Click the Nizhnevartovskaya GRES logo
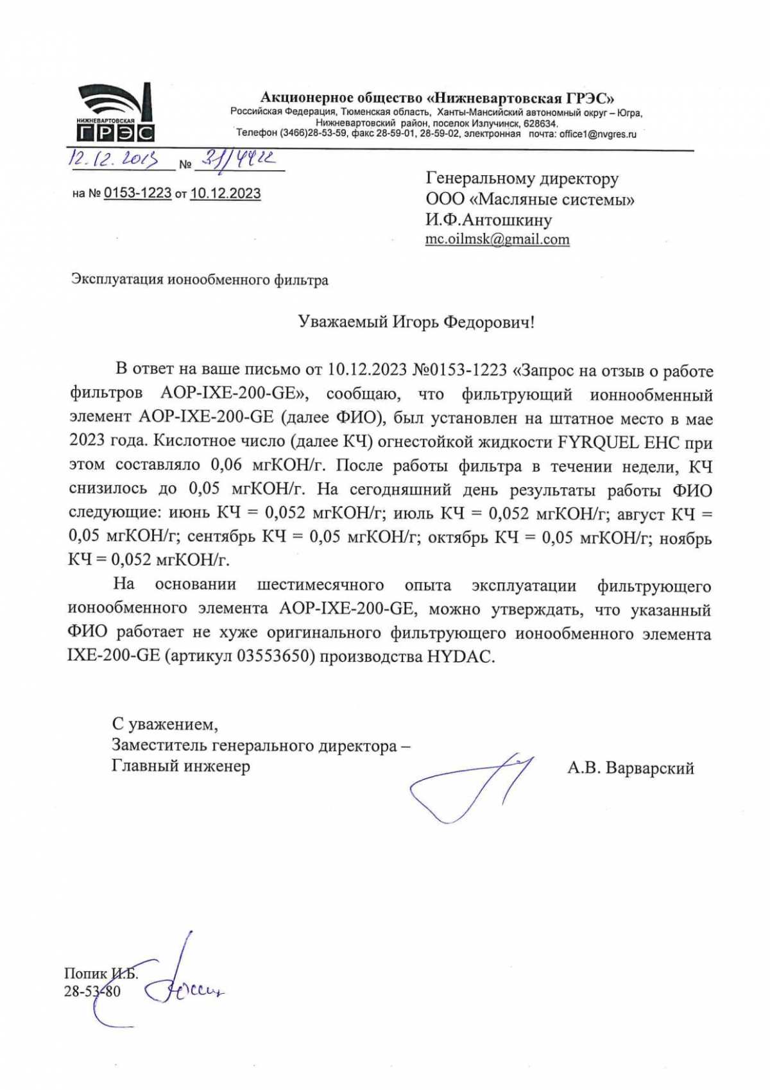click(116, 113)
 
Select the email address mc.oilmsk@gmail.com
click(497, 239)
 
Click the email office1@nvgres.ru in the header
click(597, 134)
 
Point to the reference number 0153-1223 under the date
click(137, 193)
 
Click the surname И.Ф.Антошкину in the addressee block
click(488, 220)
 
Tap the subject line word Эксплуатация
click(117, 280)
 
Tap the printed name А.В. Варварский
click(630, 768)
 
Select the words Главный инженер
click(181, 766)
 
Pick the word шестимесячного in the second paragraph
click(320, 585)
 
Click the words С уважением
click(165, 725)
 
